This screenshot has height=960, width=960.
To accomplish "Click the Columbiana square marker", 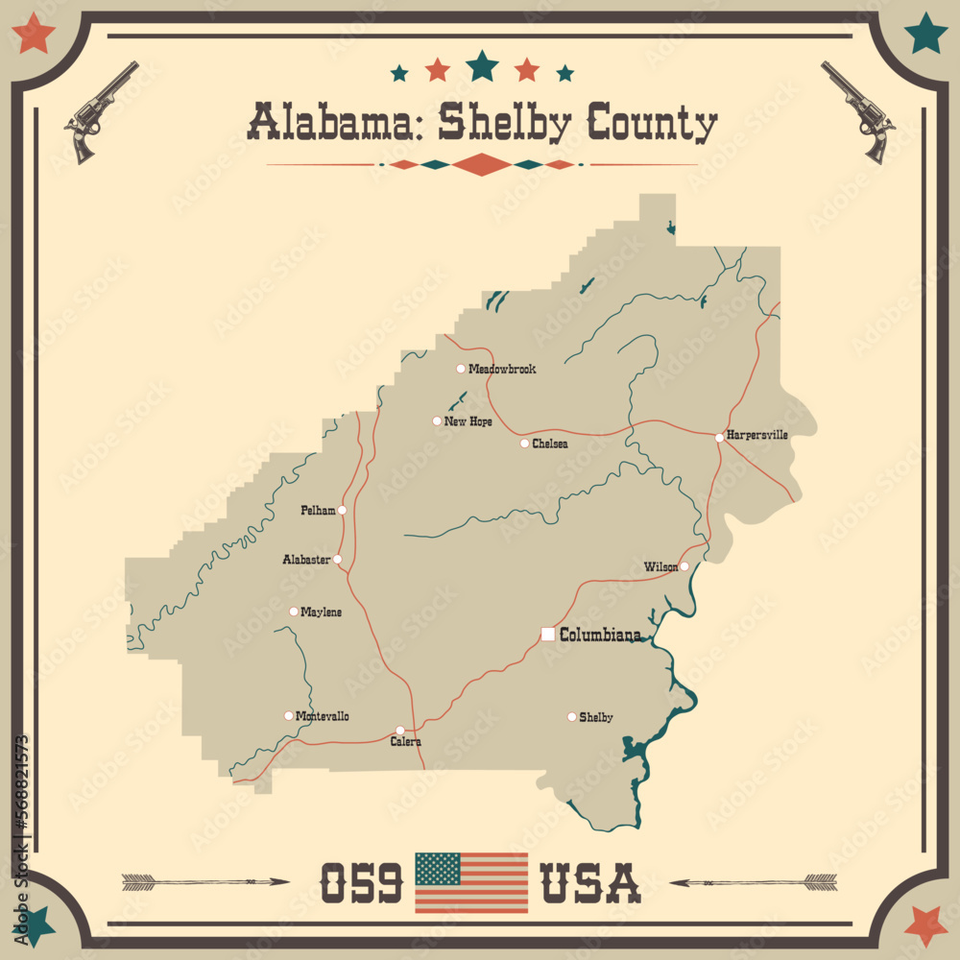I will click(x=547, y=634).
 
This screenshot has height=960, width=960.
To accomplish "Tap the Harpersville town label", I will click(x=757, y=435).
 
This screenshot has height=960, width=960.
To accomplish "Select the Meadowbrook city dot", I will click(x=461, y=369).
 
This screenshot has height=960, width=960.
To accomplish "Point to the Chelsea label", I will click(x=550, y=444).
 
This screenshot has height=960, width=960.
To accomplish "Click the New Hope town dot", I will click(x=437, y=420).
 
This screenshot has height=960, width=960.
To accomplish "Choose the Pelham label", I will click(x=319, y=511).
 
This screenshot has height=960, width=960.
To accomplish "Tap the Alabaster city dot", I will click(x=337, y=559).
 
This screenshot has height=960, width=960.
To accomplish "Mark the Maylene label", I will click(x=321, y=612).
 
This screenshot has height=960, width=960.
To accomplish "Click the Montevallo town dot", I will click(x=288, y=715).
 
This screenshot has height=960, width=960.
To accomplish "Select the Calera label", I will click(x=405, y=742).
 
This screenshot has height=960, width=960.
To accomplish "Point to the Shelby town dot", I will click(x=572, y=716).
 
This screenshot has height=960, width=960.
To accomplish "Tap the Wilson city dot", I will click(x=684, y=566).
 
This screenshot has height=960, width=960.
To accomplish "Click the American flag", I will click(x=471, y=882).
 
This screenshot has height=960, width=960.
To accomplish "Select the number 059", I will click(x=360, y=883).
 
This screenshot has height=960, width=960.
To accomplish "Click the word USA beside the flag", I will click(x=590, y=883).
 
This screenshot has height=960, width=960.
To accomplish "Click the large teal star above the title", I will click(x=482, y=65).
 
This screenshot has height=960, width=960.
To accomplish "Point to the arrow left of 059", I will click(x=205, y=880).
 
